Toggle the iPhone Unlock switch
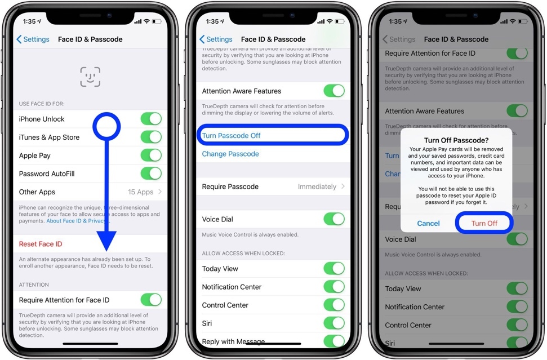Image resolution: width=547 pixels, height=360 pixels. coord(150,119)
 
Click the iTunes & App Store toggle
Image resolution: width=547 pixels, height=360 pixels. coord(150,137)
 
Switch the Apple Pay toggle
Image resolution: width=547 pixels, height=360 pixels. coord(150,155)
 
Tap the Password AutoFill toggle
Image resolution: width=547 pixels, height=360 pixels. coord(150,174)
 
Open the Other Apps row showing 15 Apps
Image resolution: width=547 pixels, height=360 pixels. coord(90,192)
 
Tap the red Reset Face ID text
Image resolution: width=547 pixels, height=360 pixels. coord(41,244)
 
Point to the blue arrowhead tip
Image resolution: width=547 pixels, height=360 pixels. coord(106,251)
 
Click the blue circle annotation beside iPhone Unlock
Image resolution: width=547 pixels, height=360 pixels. coord(106,127)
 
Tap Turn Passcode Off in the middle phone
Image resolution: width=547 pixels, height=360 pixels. coord(231,136)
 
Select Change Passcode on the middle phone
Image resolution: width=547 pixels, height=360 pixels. coord(230,154)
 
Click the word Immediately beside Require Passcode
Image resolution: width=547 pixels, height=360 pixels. coord(317,186)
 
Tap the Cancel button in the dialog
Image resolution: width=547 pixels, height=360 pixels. coord(428,224)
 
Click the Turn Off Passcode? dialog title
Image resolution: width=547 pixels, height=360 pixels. coord(456,140)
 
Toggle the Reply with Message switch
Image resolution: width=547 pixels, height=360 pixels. coord(333,341)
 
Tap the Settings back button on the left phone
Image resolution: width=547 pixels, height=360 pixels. coord(33,39)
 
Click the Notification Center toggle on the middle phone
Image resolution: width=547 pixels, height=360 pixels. coord(333,287)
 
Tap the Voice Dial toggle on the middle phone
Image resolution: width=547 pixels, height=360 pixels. coord(333,219)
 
